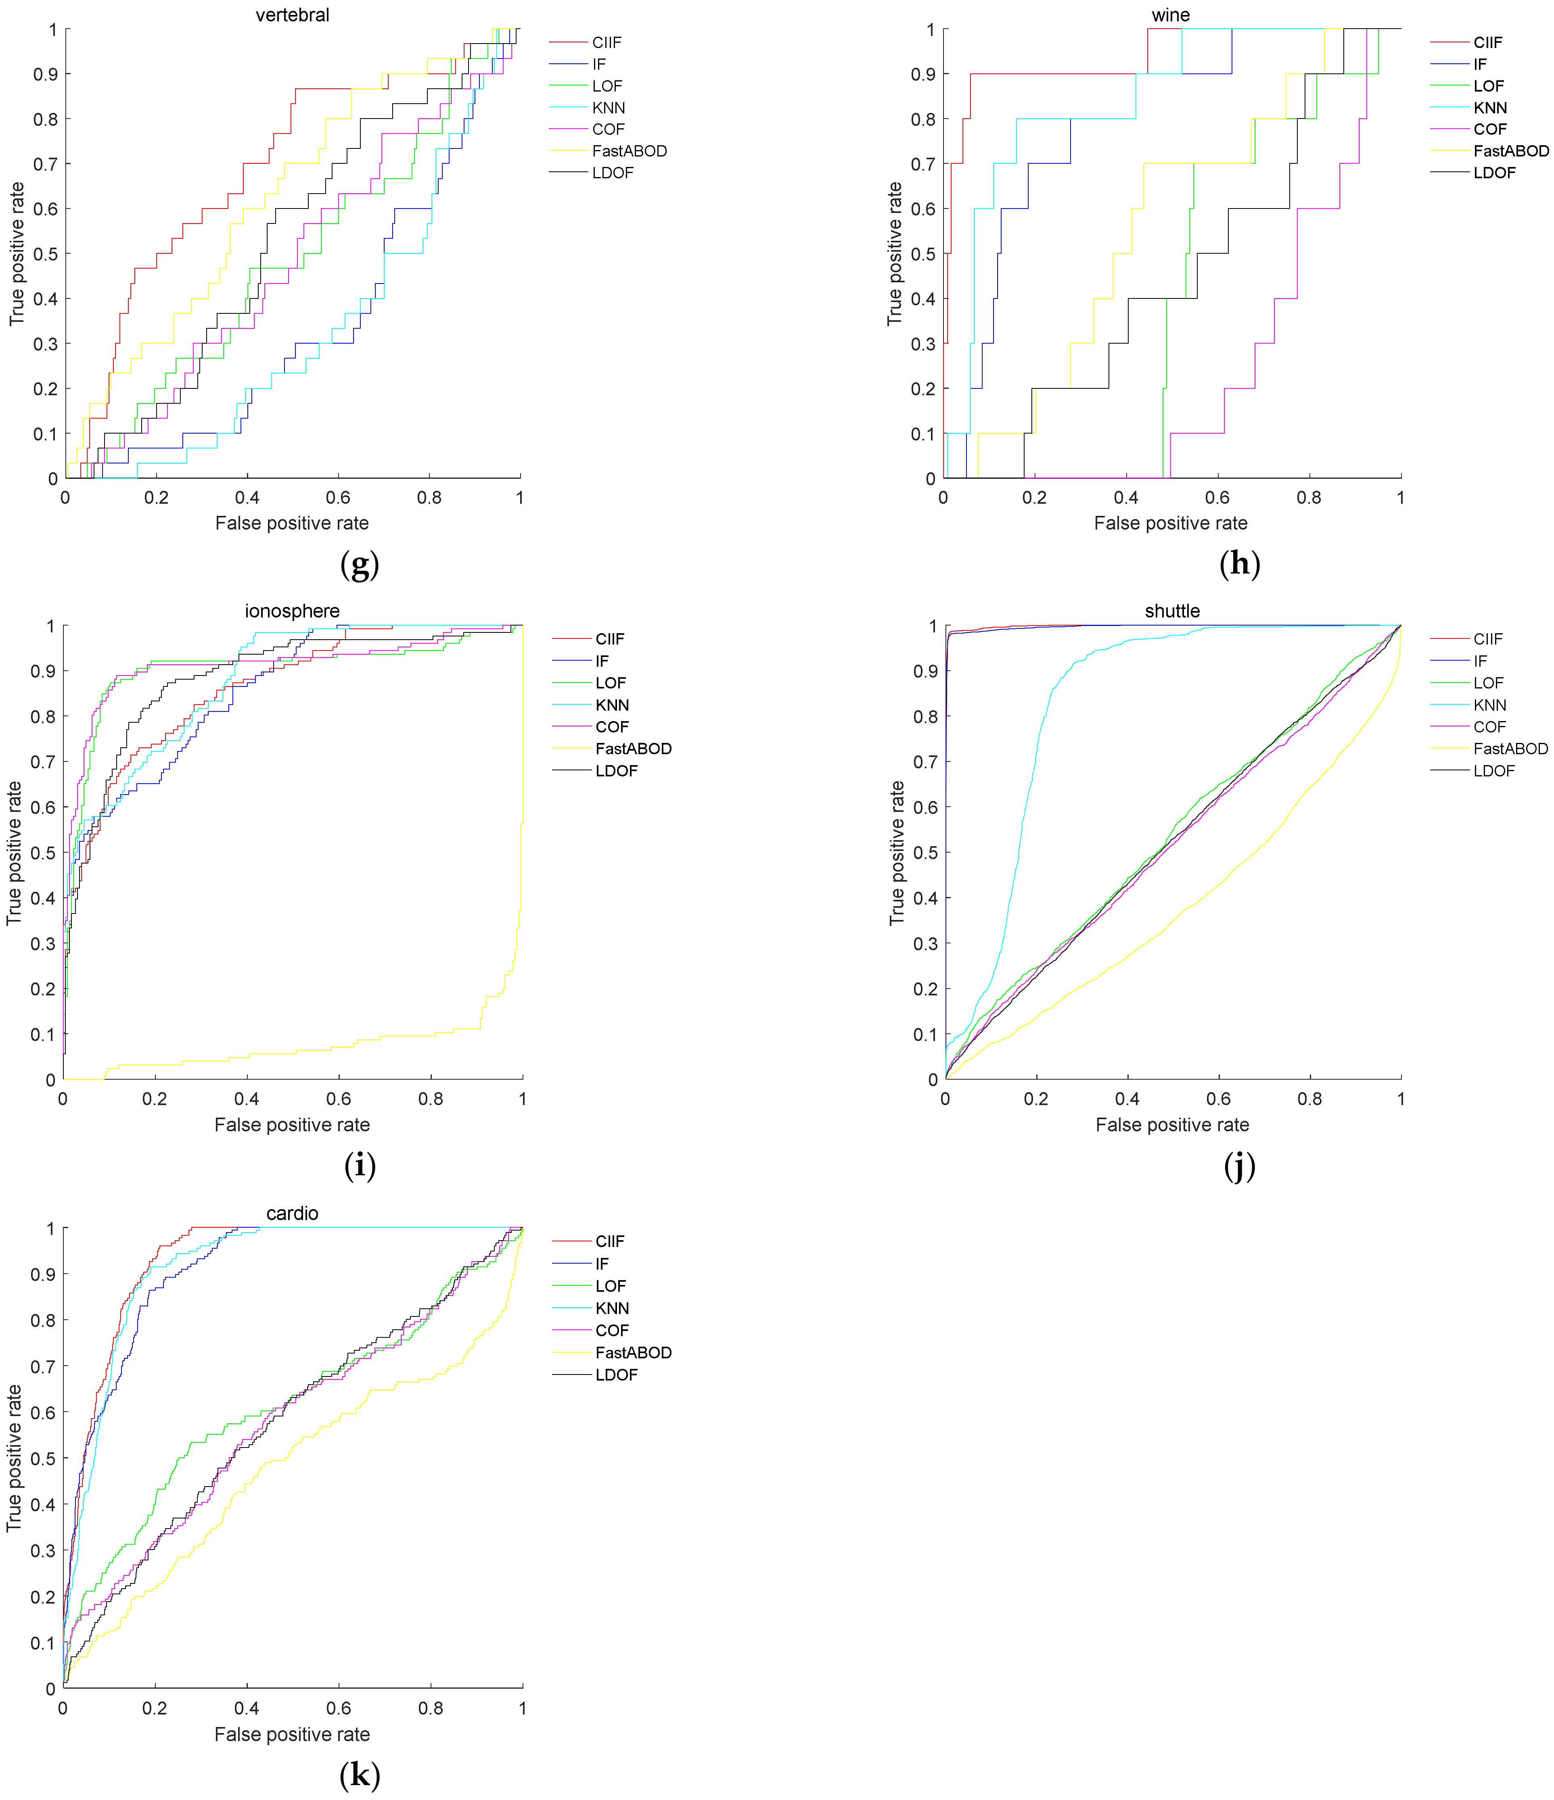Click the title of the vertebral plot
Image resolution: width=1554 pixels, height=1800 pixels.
[x=292, y=15]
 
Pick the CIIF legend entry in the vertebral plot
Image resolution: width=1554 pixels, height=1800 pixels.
[x=607, y=43]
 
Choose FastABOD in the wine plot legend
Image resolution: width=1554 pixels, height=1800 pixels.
[x=1510, y=151]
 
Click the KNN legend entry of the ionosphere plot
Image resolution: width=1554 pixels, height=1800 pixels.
[x=612, y=705]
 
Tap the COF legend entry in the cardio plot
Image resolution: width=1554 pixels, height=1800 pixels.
[x=612, y=1330]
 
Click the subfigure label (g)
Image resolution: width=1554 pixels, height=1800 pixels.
[x=360, y=565]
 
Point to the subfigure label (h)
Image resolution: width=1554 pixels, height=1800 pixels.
[x=1239, y=565]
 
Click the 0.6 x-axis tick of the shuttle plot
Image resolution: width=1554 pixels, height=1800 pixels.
[x=1219, y=1099]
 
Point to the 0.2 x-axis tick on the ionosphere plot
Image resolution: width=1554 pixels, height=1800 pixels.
[x=155, y=1099]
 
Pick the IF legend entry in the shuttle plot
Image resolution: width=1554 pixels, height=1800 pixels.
[x=1480, y=661]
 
